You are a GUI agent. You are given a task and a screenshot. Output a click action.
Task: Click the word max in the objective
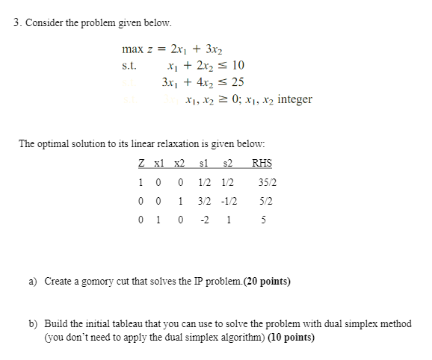click(130, 49)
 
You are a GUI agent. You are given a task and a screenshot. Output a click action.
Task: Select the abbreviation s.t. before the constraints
click(129, 66)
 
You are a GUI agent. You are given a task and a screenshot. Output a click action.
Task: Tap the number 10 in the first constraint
click(237, 66)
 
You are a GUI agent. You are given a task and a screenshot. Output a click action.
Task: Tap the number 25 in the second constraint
click(238, 82)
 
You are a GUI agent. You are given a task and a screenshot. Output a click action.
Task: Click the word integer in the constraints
click(294, 99)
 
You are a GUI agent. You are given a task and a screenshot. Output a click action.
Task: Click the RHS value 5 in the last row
click(262, 221)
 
